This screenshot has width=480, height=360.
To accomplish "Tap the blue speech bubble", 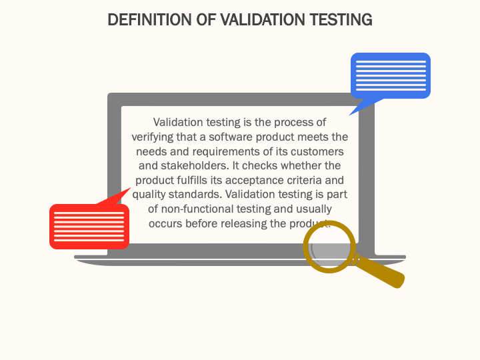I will pos(391,75).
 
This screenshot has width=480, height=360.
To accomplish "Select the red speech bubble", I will pos(89,226).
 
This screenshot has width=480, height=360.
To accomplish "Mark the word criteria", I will pos(305,181).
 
